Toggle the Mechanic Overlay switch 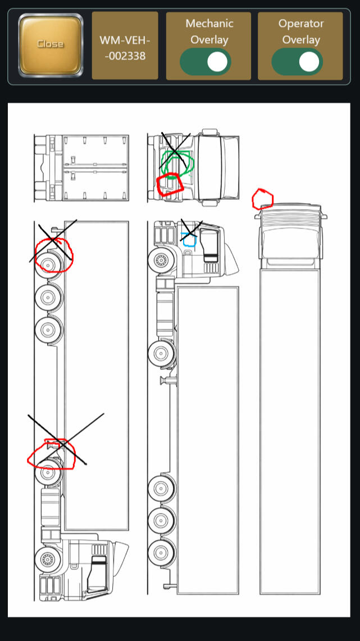click(x=206, y=62)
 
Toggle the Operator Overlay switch click(x=297, y=62)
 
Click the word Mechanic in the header click(x=209, y=24)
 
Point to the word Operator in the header click(x=301, y=24)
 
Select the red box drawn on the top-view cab click(x=170, y=185)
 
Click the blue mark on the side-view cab click(x=189, y=240)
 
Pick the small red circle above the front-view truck click(x=263, y=199)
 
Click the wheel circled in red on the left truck click(x=49, y=264)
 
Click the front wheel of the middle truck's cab click(x=161, y=260)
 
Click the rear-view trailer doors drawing click(x=81, y=167)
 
